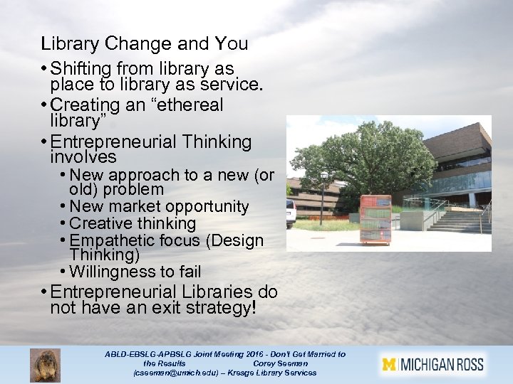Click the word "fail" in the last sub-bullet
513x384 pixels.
point(189,272)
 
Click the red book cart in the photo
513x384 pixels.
point(375,219)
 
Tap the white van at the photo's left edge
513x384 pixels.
point(291,212)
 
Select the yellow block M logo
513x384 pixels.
point(389,365)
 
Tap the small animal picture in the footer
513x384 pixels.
point(45,365)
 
